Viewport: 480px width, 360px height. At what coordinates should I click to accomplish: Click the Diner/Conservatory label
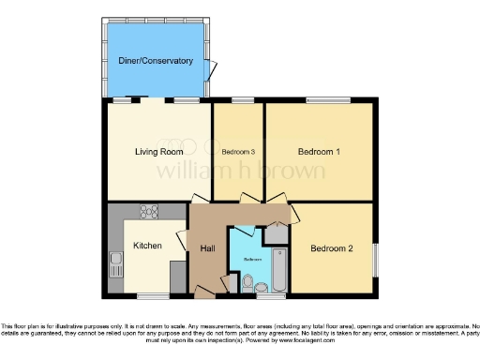156,61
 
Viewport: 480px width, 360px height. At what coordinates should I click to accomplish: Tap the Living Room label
157,151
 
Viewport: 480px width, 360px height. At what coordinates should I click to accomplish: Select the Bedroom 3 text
238,152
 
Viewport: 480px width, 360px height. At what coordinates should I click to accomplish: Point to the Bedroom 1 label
319,151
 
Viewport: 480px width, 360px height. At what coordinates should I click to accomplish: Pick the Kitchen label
148,246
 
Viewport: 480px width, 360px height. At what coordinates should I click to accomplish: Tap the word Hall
207,247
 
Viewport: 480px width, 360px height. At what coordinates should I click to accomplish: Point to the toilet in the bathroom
247,282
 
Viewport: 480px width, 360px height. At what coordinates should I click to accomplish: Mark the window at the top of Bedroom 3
243,99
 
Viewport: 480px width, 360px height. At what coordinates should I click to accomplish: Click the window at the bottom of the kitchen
153,296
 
